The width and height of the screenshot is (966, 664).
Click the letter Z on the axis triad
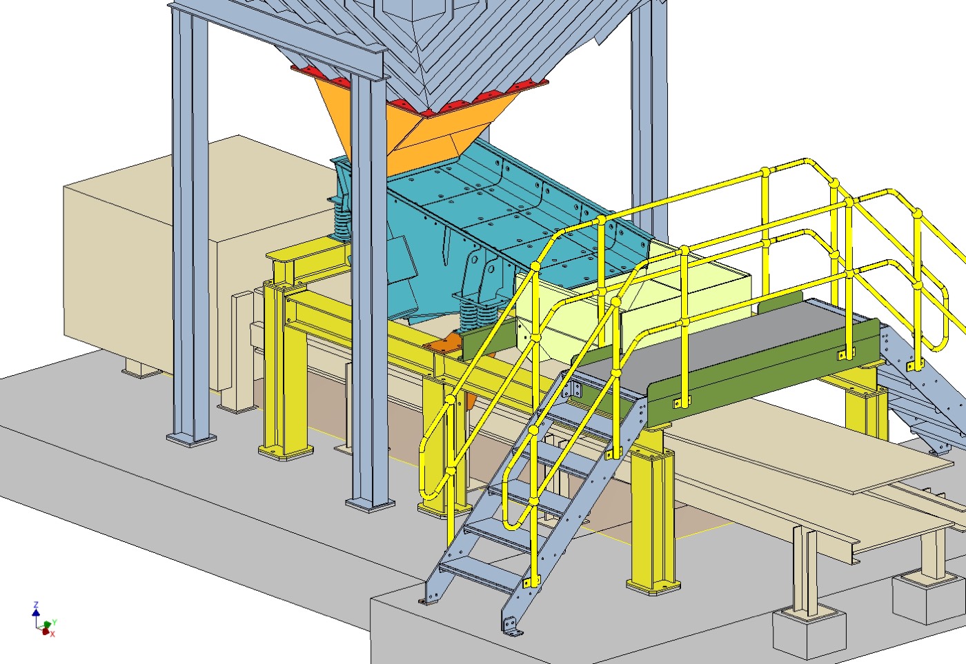(x=36, y=604)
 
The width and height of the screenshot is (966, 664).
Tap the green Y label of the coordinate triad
(x=55, y=622)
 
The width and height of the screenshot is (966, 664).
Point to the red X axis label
(x=52, y=634)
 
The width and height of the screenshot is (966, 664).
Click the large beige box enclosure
(x=172, y=259)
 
